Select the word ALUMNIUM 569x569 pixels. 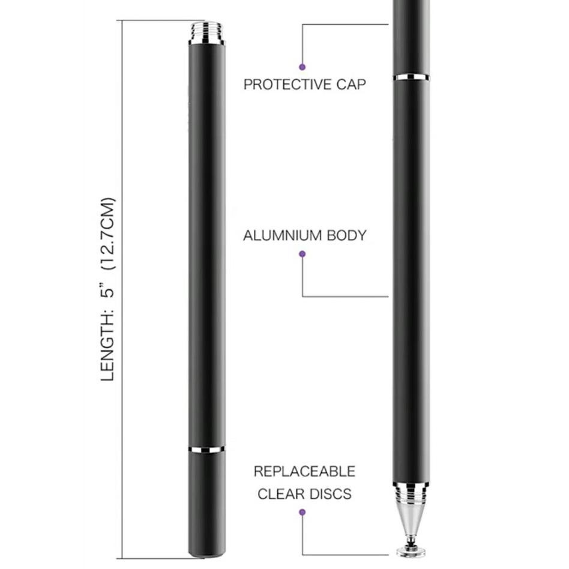click(x=282, y=235)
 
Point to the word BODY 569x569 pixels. click(x=346, y=235)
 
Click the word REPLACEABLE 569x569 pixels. click(x=304, y=471)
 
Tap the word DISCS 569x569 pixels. click(x=331, y=495)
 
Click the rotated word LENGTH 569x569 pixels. click(x=107, y=352)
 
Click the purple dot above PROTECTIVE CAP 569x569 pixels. click(x=303, y=67)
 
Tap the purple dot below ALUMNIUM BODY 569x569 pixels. click(x=303, y=254)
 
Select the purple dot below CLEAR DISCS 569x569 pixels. click(x=303, y=512)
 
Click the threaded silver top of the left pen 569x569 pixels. click(x=206, y=33)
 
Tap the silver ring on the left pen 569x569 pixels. click(x=206, y=448)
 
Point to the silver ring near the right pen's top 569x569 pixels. click(x=411, y=77)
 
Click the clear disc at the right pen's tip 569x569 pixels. click(x=411, y=550)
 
